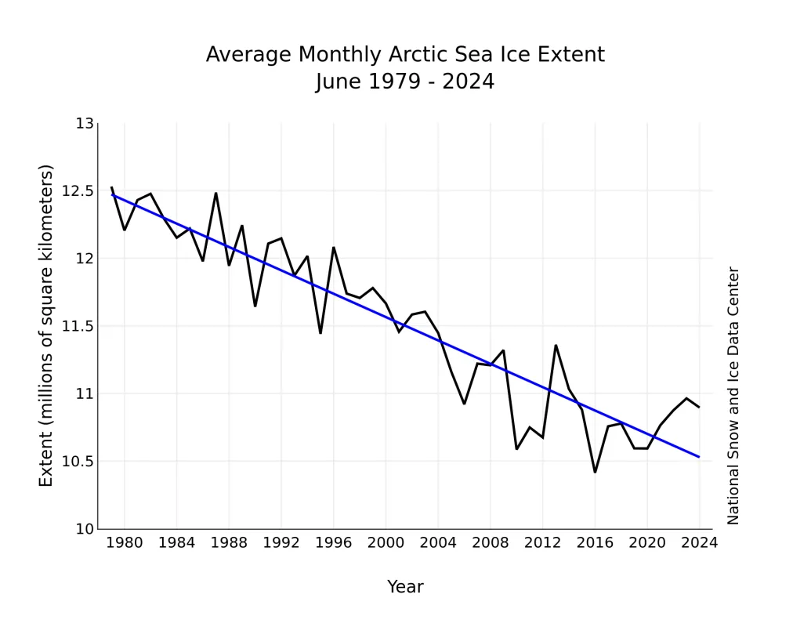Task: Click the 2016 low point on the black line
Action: tap(595, 472)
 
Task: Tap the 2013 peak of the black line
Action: tap(556, 345)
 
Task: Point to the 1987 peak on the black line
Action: tap(215, 193)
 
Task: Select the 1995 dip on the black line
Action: tap(320, 333)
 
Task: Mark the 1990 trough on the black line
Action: tap(255, 306)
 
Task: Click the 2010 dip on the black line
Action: tap(516, 448)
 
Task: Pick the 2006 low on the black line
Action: tap(464, 404)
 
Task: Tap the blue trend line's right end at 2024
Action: tap(699, 457)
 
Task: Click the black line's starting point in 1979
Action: tap(111, 187)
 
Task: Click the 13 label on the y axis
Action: tap(85, 124)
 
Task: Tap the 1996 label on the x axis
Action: tap(333, 542)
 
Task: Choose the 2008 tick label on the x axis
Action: tap(490, 542)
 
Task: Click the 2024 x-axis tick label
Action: tap(699, 542)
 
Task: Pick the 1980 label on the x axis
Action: tap(124, 542)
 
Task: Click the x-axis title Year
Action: tap(405, 586)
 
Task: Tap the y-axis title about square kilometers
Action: tap(46, 325)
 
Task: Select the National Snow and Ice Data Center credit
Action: tap(733, 396)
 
